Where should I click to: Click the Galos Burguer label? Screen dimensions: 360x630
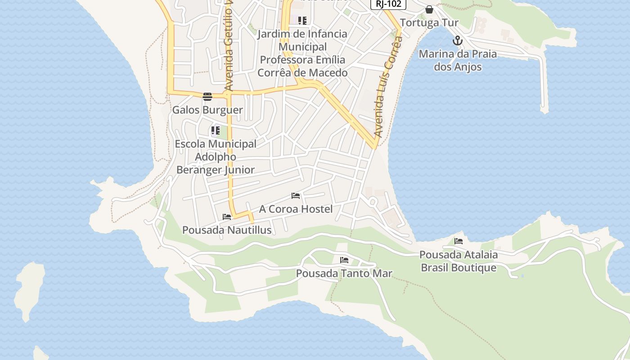[207, 110]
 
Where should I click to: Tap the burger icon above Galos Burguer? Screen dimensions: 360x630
[207, 96]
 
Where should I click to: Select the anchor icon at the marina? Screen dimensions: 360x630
[458, 41]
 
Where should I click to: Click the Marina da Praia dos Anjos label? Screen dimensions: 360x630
[458, 60]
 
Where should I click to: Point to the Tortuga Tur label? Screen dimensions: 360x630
[429, 22]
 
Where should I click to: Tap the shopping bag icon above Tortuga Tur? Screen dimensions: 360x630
[429, 9]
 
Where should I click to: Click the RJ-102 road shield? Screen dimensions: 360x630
[388, 4]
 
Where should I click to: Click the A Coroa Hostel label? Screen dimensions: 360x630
[296, 209]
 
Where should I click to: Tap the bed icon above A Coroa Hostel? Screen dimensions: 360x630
[296, 196]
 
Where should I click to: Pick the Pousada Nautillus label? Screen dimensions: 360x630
[227, 230]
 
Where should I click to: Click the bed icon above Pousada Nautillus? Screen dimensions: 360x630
[227, 217]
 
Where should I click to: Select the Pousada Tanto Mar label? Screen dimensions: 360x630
[344, 273]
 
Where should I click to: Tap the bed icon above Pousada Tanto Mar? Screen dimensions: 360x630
[344, 260]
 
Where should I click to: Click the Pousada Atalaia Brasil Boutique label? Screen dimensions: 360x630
[459, 261]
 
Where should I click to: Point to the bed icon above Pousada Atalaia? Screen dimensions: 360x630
[459, 241]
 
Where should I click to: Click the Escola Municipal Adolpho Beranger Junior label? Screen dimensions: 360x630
[216, 157]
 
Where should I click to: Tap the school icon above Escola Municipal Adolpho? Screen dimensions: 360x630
[216, 131]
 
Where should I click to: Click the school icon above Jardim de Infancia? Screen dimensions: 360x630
[302, 20]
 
